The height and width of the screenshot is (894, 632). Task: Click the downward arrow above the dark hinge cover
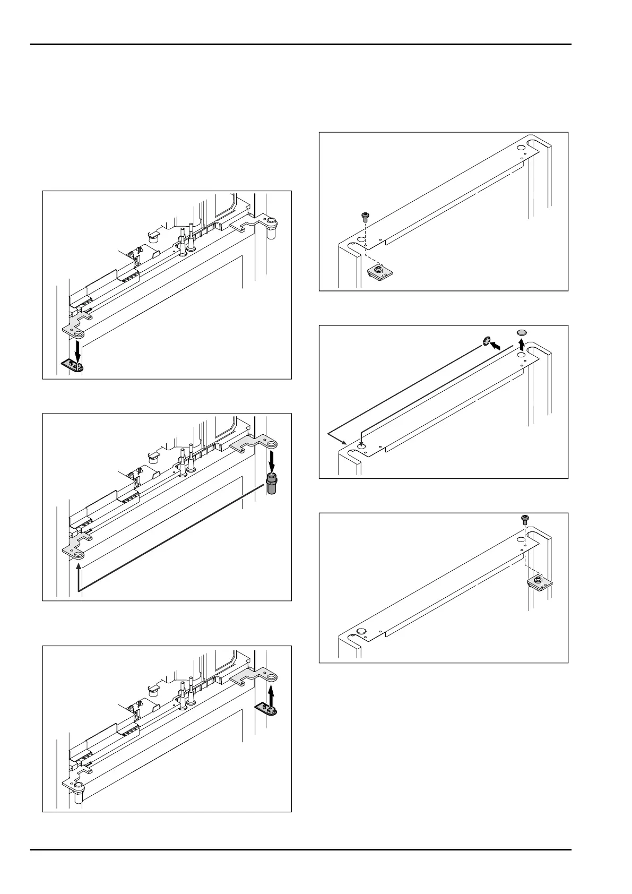click(78, 350)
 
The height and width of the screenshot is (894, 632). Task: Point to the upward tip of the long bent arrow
click(79, 568)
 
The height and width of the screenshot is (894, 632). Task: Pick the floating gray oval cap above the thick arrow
click(522, 332)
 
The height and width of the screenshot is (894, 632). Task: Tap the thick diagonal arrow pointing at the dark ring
click(496, 345)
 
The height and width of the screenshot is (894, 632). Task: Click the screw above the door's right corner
click(525, 519)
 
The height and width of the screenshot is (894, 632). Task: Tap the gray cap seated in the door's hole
click(361, 631)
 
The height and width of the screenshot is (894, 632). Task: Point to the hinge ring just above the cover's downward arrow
click(79, 333)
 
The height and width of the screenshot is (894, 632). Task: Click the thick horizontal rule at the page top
click(300, 45)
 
